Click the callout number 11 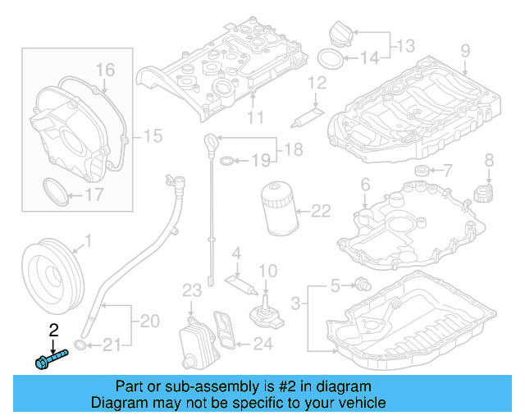pos(255,117)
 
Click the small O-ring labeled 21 pos(80,343)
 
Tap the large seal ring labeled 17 pos(55,194)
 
